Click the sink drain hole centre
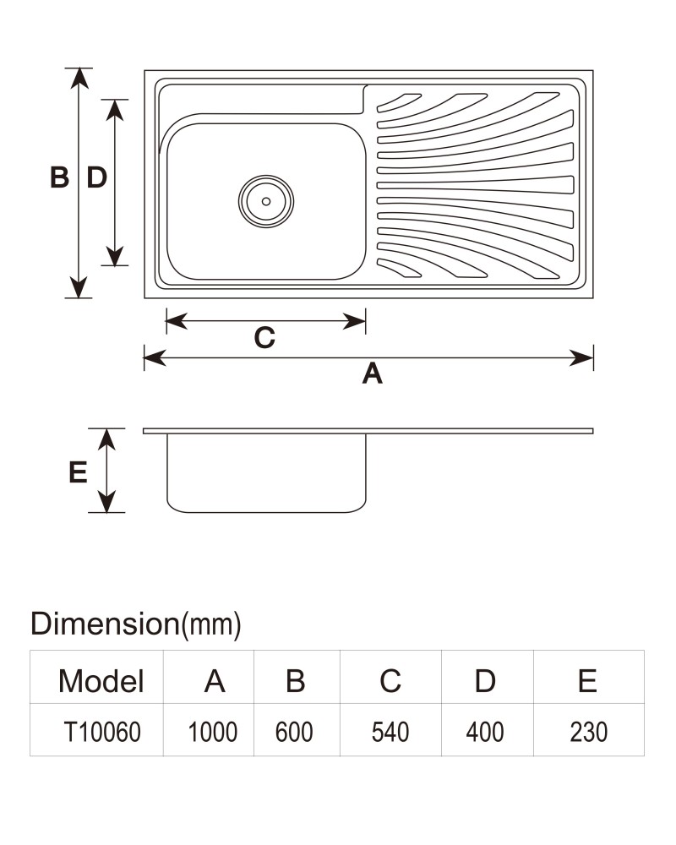[x=266, y=201]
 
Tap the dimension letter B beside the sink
[x=59, y=177]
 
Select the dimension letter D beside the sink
[x=97, y=177]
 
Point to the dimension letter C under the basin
[x=264, y=338]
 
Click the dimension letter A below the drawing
[x=372, y=373]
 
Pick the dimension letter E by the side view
[x=79, y=472]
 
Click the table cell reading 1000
[x=212, y=732]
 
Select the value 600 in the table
[x=294, y=732]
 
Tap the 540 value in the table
[x=390, y=732]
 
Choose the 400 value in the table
[x=485, y=732]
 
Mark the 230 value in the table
[x=589, y=732]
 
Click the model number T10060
[x=102, y=732]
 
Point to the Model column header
[x=101, y=681]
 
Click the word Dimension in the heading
[x=105, y=624]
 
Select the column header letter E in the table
[x=587, y=681]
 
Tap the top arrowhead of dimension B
[x=79, y=77]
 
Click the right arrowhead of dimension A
[x=582, y=357]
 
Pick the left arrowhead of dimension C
[x=177, y=321]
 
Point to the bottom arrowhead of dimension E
[x=106, y=503]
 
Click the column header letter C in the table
[x=390, y=681]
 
